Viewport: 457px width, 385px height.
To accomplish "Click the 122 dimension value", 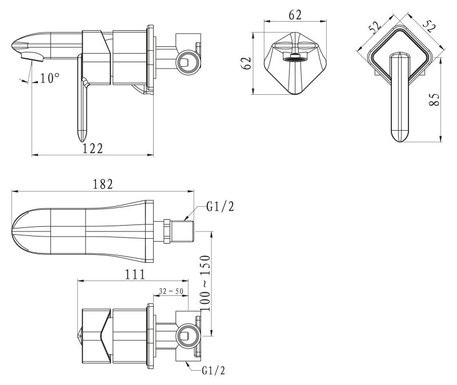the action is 93,149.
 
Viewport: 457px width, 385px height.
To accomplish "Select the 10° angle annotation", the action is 50,78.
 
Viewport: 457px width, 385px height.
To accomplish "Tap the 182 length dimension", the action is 103,184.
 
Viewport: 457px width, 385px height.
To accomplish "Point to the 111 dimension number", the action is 135,274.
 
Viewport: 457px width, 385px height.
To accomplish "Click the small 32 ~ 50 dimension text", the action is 171,291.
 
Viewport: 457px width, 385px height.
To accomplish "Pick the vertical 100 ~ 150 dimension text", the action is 206,283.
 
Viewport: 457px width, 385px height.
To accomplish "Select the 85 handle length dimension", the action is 435,99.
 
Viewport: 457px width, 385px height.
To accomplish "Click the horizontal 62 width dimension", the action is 295,15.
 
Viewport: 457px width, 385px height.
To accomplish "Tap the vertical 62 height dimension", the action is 247,63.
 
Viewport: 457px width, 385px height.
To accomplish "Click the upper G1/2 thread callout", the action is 221,207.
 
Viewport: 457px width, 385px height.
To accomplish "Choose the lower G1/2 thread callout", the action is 214,370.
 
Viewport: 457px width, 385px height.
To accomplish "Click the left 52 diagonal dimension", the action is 375,26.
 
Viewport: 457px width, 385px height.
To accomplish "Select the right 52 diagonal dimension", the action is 428,26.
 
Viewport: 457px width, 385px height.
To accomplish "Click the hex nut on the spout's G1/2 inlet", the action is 167,231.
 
